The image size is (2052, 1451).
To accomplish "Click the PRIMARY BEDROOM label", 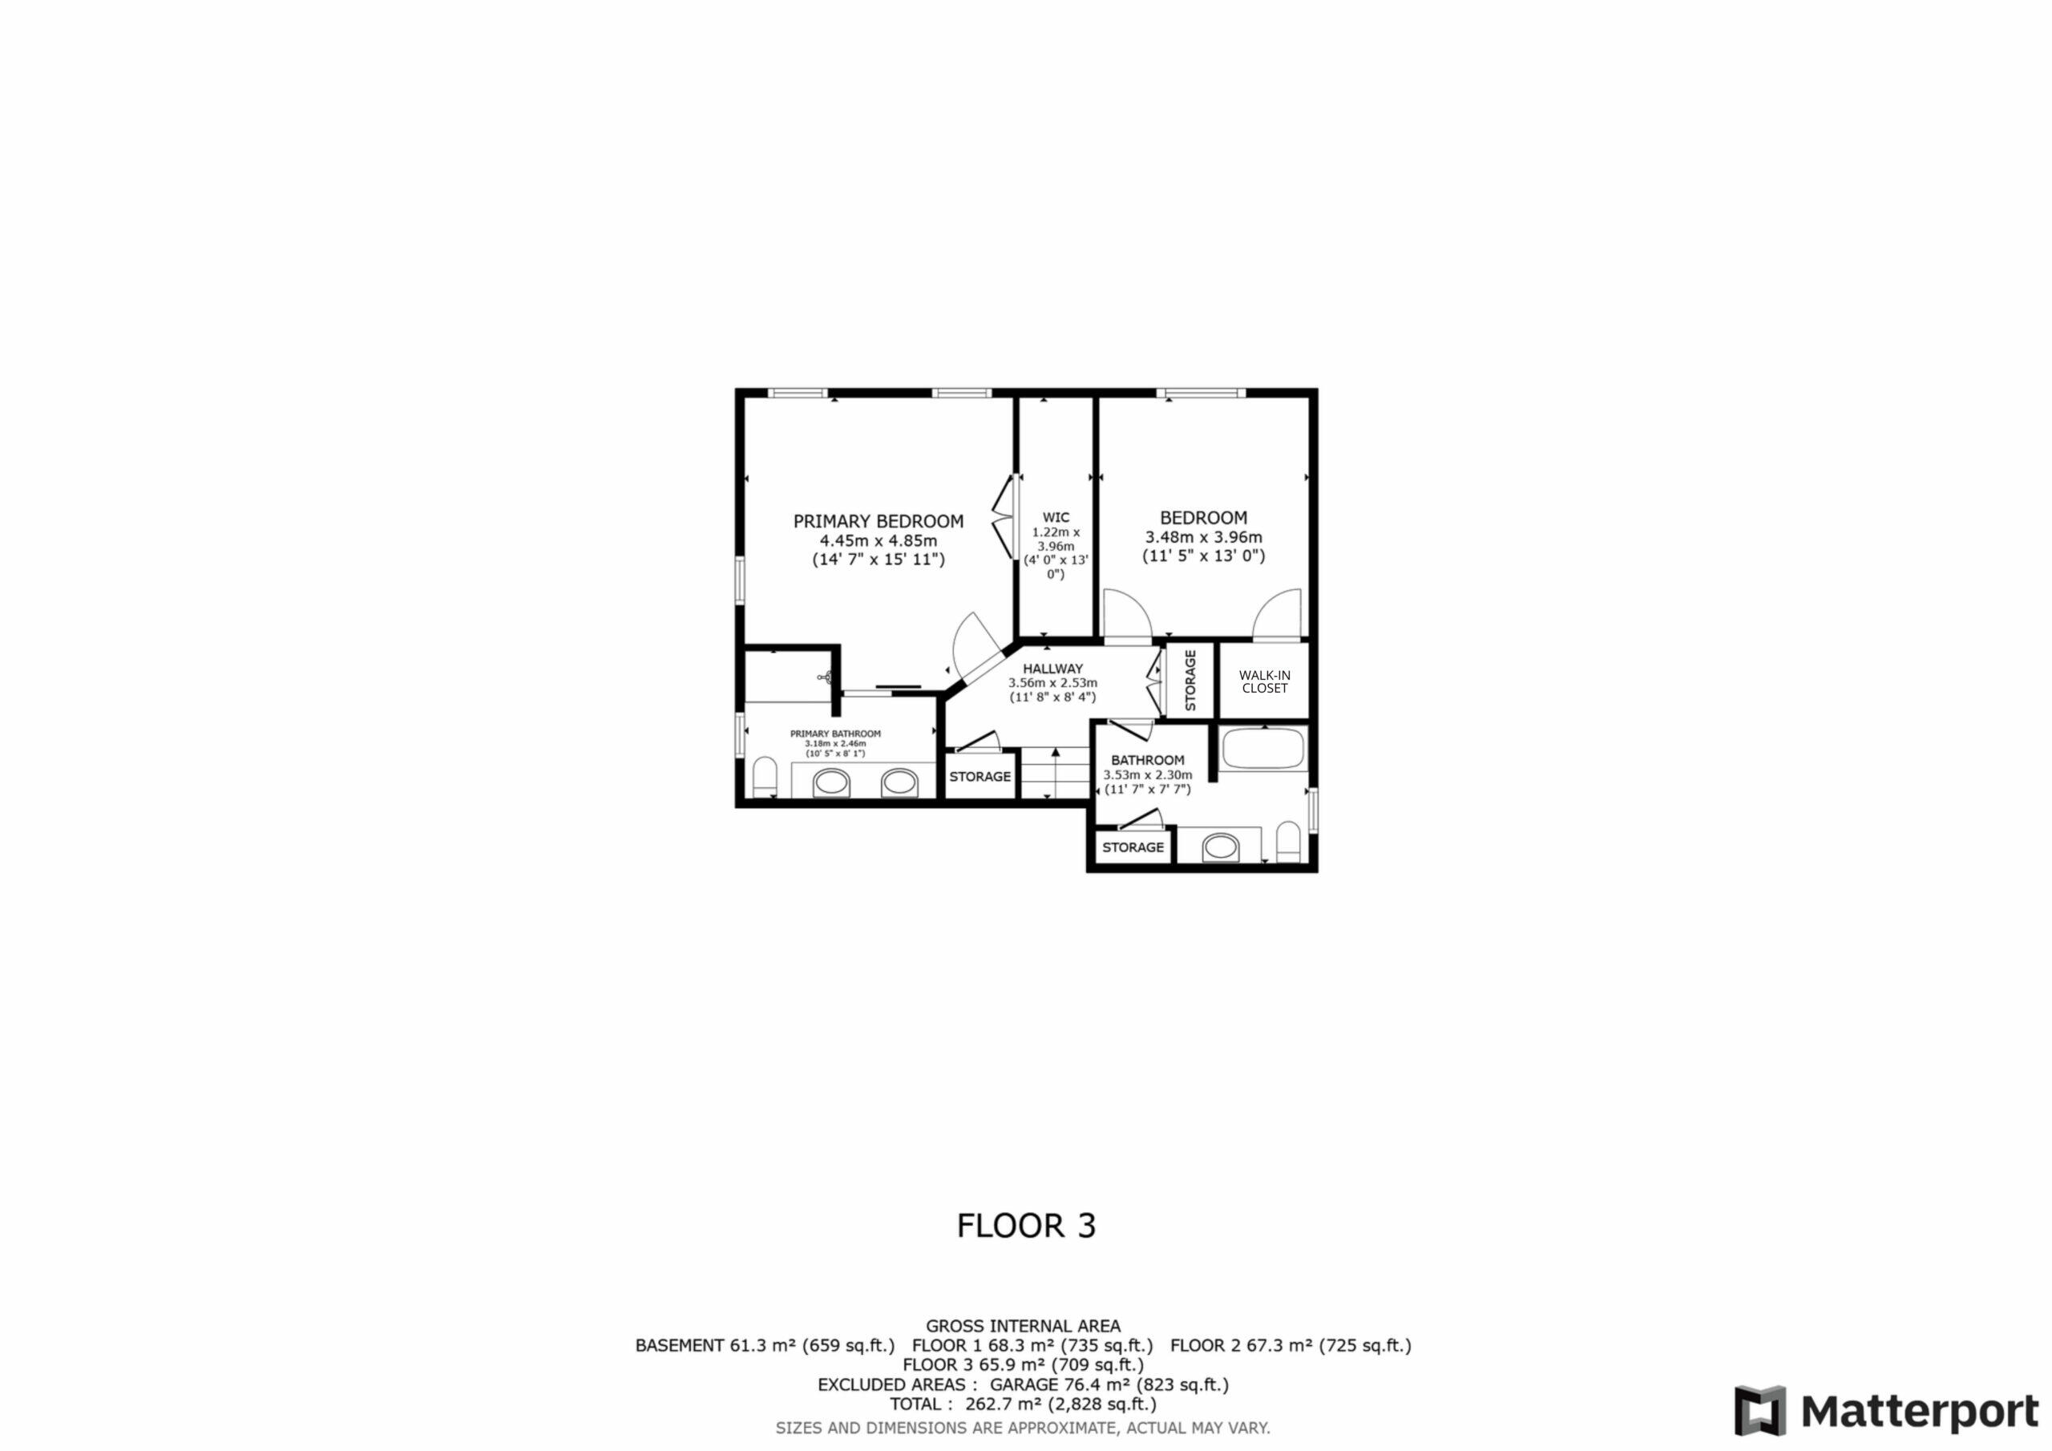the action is click(x=879, y=521).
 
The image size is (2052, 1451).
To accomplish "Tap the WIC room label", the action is click(x=1056, y=518).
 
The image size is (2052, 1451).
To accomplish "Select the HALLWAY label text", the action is click(x=1052, y=669).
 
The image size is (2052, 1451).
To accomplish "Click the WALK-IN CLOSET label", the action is click(x=1265, y=681).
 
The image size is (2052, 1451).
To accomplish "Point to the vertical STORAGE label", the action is click(x=1190, y=680).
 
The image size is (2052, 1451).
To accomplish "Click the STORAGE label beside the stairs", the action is click(x=980, y=777).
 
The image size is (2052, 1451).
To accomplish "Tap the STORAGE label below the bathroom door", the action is click(x=1133, y=847).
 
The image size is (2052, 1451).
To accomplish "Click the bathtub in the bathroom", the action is click(x=1264, y=748).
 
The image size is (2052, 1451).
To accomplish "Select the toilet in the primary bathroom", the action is click(x=764, y=778).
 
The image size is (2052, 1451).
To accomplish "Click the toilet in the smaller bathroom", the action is click(x=1287, y=843).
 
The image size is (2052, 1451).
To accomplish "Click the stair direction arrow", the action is click(x=1056, y=773).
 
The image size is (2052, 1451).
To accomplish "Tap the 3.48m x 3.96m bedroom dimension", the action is click(x=1203, y=537).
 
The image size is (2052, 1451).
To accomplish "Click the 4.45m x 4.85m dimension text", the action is click(x=879, y=541).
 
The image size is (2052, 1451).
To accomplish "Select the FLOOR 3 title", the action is click(x=1026, y=1226).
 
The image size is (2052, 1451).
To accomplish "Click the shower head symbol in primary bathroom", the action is click(x=826, y=677).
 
